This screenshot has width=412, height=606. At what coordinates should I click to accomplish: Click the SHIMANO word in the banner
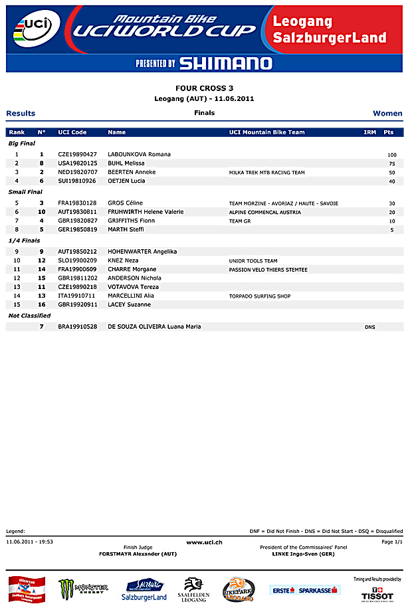[225, 63]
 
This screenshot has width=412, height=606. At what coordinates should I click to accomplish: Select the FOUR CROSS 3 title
[204, 88]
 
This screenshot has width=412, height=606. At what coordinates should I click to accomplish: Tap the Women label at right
[387, 114]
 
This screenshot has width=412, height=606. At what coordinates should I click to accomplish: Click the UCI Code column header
[72, 132]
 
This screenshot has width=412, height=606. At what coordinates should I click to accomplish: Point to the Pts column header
[389, 132]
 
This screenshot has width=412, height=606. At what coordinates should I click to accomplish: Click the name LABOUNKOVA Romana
[139, 154]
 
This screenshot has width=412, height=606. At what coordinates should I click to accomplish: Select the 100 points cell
[392, 154]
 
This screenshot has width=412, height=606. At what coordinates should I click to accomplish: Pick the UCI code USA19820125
[78, 163]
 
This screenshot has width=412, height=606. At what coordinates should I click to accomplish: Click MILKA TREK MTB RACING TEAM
[266, 172]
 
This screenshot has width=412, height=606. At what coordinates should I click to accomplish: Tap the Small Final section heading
[25, 192]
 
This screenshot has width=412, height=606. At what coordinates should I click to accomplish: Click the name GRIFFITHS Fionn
[131, 221]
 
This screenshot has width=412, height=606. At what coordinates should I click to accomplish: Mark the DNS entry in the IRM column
[369, 327]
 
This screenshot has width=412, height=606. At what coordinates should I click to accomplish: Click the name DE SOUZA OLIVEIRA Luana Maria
[154, 327]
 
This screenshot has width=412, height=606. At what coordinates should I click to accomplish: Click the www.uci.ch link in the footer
[204, 542]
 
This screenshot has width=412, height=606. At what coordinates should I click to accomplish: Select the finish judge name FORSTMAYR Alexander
[138, 554]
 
